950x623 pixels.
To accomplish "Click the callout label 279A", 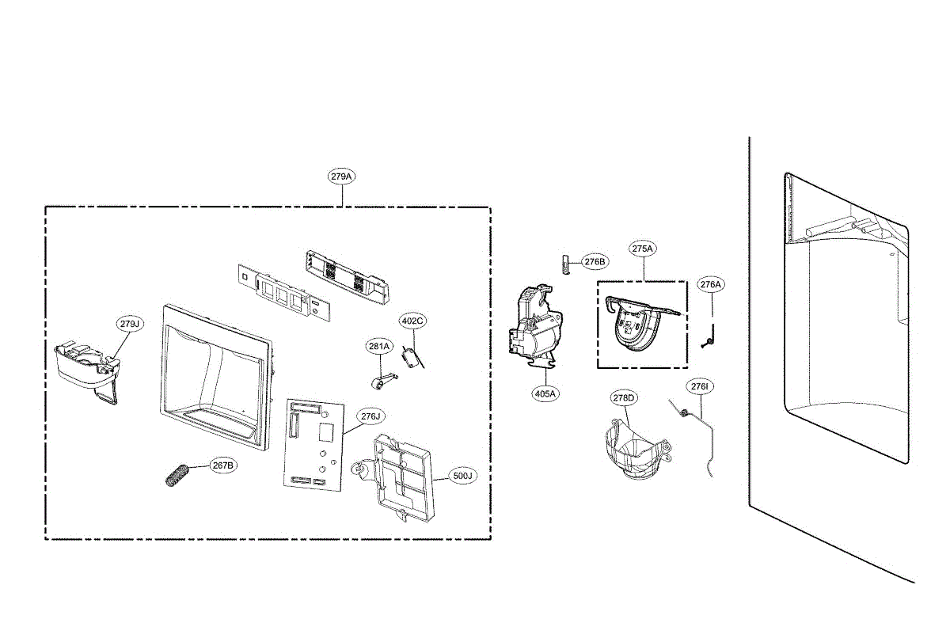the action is [341, 177].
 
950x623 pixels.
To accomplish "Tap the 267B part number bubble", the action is [223, 465].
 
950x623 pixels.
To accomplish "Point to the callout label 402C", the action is [412, 321].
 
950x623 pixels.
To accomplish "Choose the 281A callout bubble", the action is [379, 346].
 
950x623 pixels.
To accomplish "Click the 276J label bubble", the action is [370, 416].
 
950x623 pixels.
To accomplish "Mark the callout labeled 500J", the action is [462, 476].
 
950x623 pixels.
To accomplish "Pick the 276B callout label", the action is [595, 261].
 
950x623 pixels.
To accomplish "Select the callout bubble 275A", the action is [643, 249].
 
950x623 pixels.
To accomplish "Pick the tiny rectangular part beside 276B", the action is [565, 263].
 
